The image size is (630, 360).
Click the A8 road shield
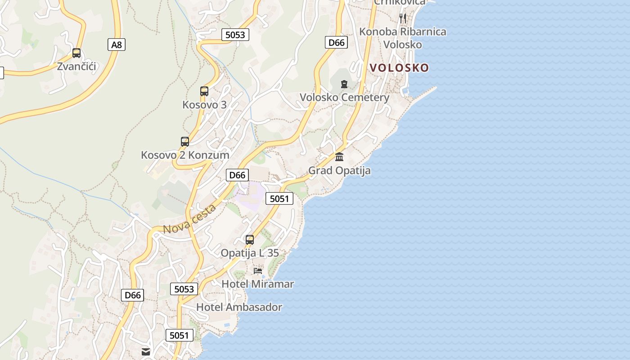pos(117,45)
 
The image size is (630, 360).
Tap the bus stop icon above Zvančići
pos(76,53)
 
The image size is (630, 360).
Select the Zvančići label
pos(76,67)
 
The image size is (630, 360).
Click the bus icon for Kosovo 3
pos(204,91)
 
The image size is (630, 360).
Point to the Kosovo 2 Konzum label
pos(185,155)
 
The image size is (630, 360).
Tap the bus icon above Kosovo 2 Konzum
pos(185,142)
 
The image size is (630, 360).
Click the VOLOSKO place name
pos(399,68)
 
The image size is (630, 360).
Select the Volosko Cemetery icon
pos(344,84)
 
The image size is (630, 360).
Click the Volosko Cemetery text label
pos(344,98)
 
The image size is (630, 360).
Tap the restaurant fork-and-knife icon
pos(403,18)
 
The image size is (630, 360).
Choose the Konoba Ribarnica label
pos(403,32)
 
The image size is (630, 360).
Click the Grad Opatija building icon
pos(339,157)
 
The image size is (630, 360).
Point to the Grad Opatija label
pos(339,171)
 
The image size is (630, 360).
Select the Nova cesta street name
pos(189,219)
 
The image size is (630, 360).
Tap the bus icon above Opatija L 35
pos(250,240)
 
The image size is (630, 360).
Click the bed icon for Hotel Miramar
pos(258,271)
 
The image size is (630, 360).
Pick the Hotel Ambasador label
pos(239,307)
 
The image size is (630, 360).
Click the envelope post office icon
pos(146,352)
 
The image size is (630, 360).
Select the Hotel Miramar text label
pos(258,284)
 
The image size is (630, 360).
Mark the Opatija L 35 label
pos(250,253)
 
